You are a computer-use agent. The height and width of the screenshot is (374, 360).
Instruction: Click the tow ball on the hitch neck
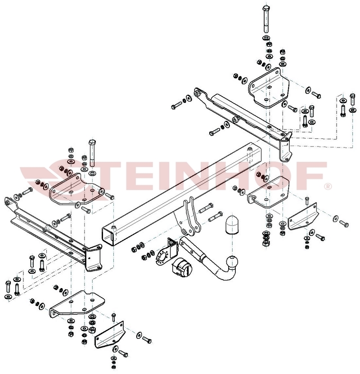coord(233,262)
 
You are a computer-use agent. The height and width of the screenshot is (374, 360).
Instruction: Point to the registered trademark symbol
coord(328,186)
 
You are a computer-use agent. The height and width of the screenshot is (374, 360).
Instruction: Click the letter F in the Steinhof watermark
coord(310,175)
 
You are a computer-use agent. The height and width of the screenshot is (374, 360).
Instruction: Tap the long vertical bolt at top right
coord(266,19)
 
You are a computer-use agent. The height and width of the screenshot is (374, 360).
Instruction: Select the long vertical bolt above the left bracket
coord(92,153)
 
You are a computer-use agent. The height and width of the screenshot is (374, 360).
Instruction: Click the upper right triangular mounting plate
coord(269,88)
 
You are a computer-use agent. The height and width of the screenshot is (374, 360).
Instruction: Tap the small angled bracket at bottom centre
coord(109,334)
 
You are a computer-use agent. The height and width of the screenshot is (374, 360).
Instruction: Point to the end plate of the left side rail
coord(94,258)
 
